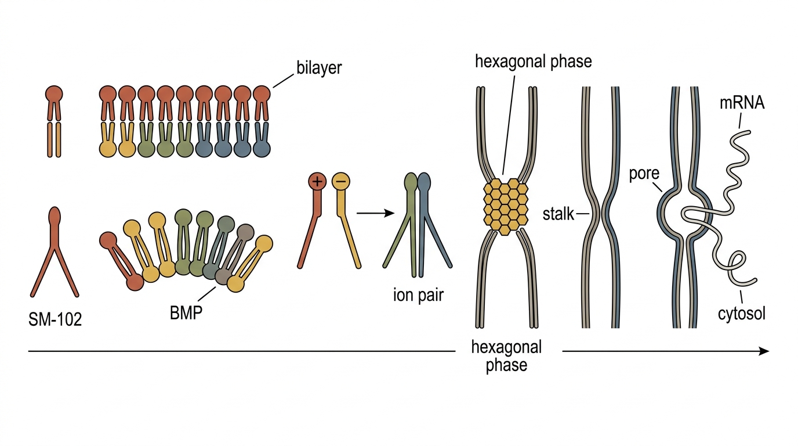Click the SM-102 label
(x=55, y=319)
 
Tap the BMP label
(x=186, y=313)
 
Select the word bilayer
(x=319, y=68)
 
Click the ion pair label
(x=418, y=296)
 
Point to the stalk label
(x=558, y=214)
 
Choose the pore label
(x=644, y=174)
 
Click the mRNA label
(x=742, y=103)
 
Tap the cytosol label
(x=742, y=314)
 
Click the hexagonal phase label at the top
(x=534, y=62)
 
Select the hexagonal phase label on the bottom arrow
(x=506, y=356)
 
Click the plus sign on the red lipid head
(x=317, y=182)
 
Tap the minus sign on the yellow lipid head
(x=341, y=181)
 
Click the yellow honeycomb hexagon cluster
(x=506, y=207)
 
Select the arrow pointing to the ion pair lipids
(x=375, y=213)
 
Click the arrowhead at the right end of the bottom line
(x=764, y=351)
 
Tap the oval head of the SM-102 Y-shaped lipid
(x=55, y=217)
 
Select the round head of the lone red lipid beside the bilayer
(x=54, y=94)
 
